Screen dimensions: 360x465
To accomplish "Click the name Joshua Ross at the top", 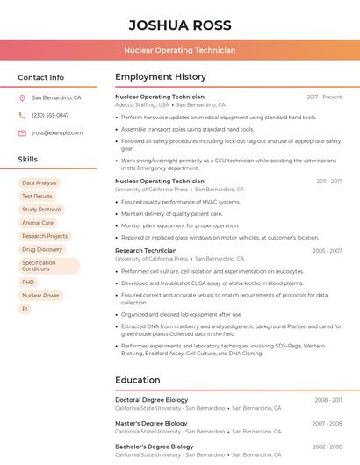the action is [x=180, y=25].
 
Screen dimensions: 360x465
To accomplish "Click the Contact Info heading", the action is [x=41, y=77].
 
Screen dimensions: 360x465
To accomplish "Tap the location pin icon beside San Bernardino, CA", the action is [x=22, y=97].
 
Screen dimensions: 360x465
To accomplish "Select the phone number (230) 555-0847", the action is [x=50, y=115].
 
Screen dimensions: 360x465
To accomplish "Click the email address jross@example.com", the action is [x=57, y=132].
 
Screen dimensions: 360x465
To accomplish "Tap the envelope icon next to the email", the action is [x=22, y=132].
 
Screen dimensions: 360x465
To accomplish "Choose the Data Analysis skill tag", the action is [x=40, y=183].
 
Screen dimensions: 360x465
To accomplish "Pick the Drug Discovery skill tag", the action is [x=42, y=249].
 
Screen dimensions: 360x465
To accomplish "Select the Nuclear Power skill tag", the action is [x=40, y=296].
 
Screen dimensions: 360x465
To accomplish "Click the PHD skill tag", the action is [x=28, y=283].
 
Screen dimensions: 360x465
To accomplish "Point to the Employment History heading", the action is [x=161, y=77].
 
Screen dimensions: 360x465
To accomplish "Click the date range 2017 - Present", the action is [x=324, y=97].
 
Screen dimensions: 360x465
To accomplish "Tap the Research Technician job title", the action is [x=146, y=251].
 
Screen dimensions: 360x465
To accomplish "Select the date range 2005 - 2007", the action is [x=327, y=251].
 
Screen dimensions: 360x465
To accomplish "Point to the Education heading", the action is [x=138, y=380].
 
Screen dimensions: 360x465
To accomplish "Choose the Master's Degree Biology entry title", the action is [x=151, y=423].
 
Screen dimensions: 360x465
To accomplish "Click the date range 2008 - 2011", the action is [x=328, y=400].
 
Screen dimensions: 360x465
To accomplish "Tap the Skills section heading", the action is [x=28, y=160].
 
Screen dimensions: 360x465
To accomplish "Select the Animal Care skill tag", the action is [x=38, y=223].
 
